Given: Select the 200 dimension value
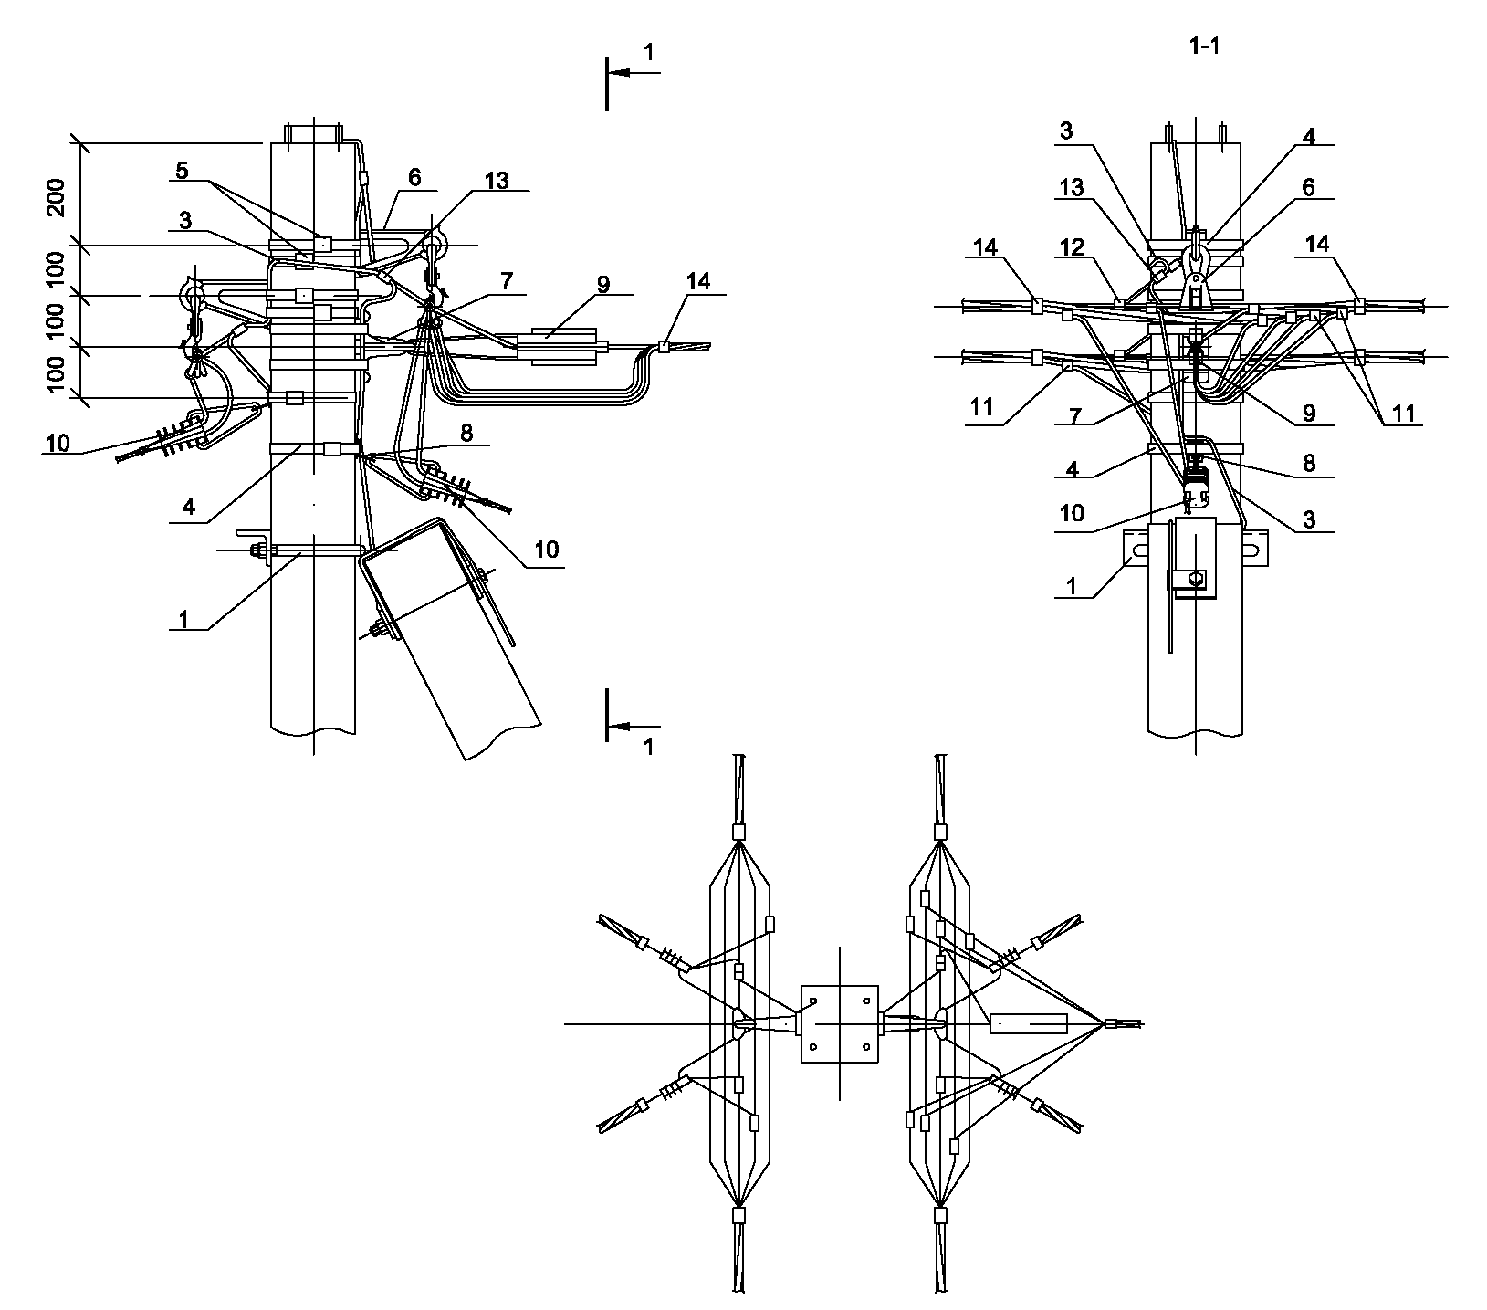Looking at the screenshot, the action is tap(57, 194).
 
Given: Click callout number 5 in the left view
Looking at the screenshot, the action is tap(182, 170).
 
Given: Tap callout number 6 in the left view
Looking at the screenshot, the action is tap(415, 177).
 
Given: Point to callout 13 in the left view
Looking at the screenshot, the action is tap(497, 179).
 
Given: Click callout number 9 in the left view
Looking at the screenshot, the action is tap(602, 284).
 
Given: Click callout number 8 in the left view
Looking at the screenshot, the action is tap(466, 433).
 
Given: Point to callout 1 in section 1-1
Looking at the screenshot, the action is tap(1070, 584).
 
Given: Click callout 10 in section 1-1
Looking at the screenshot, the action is tap(1071, 513).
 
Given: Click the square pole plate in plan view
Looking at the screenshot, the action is tap(839, 1023).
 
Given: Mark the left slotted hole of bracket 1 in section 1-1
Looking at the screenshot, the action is tap(1139, 550).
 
